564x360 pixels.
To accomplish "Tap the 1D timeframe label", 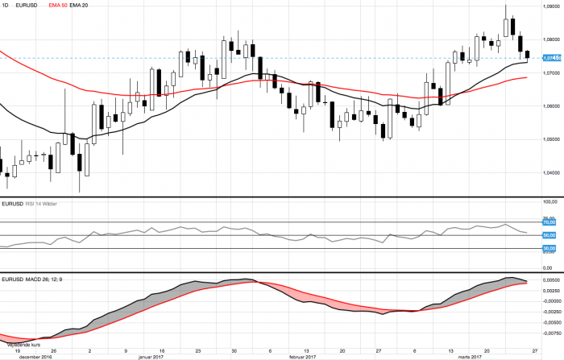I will coord(6,6).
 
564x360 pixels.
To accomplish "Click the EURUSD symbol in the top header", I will coord(27,6).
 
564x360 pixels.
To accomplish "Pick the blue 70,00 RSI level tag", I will coord(551,222).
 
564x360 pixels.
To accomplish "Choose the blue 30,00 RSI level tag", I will coord(551,248).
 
